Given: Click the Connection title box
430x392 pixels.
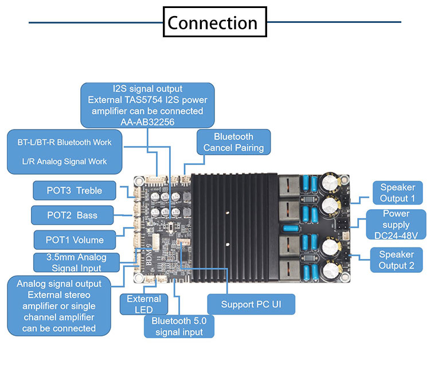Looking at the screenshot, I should point(215,23).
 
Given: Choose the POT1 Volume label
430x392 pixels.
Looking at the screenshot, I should point(75,240).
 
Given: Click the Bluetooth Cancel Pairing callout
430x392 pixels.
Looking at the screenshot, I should point(233,142).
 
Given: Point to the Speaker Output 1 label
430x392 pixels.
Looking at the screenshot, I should point(397,193).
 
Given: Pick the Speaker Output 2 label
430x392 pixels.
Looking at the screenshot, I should point(396,260).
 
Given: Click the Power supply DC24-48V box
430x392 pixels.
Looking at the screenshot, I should point(396,224).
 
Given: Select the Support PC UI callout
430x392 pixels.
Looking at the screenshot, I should point(251,304).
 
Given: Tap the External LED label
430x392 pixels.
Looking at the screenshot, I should point(144,304).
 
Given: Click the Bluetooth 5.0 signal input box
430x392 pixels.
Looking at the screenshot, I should point(179,326).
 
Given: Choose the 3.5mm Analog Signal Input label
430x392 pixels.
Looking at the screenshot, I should point(76,262).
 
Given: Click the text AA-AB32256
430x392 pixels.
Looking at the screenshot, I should point(147,121).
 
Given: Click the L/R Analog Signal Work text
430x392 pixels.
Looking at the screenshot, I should point(65,162).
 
